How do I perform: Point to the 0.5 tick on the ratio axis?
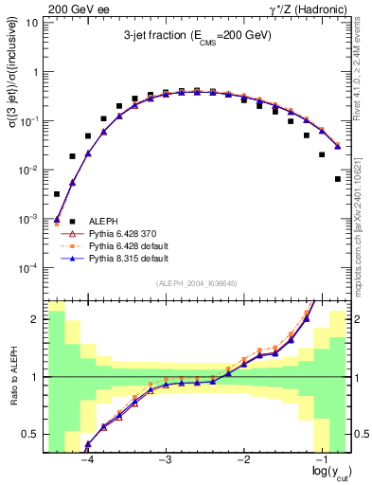point(32,435)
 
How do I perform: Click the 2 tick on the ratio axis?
point(36,319)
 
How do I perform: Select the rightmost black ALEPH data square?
point(338,178)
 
